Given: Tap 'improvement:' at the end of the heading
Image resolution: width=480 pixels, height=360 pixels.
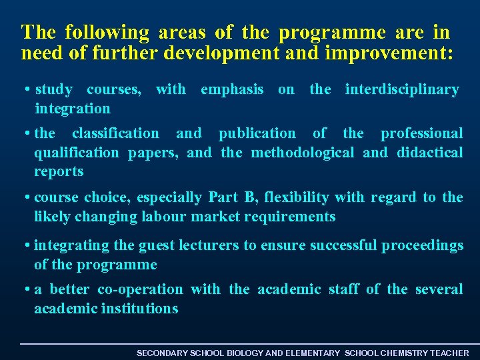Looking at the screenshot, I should click(389, 54).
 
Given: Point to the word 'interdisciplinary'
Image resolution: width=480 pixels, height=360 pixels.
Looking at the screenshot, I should click(401, 89).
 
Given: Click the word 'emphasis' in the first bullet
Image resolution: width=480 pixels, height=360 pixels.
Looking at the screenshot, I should click(231, 89).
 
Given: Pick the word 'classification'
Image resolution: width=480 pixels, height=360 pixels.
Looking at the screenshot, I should click(115, 134).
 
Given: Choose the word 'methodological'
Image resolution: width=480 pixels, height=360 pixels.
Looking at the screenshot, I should click(303, 153).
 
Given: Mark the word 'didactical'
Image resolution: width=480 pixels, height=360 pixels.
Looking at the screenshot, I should click(429, 153).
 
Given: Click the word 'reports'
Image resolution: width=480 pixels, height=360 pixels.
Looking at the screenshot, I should click(59, 172).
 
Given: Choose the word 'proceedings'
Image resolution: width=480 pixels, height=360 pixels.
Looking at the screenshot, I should click(422, 245).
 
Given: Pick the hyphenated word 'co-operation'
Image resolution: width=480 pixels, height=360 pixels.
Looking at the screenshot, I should click(140, 289).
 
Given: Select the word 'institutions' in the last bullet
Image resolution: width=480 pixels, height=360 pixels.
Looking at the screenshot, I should click(139, 309).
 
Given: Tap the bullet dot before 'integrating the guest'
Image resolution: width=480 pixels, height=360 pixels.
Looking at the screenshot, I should click(26, 246).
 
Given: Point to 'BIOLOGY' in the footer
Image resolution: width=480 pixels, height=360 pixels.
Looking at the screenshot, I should click(245, 353).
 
